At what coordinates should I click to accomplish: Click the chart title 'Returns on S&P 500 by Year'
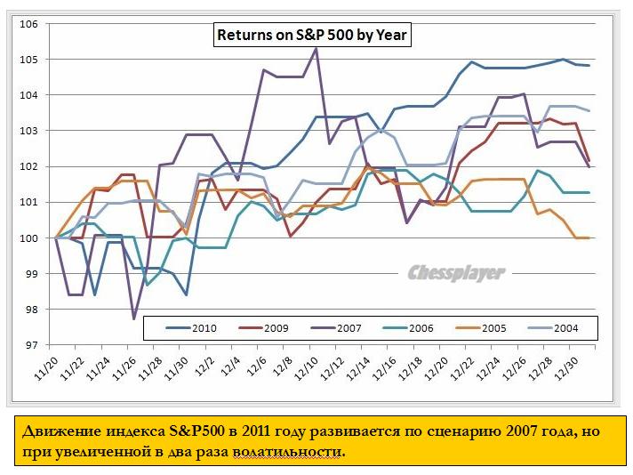point(309,36)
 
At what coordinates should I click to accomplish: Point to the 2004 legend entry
point(565,328)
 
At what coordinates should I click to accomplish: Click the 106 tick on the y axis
point(28,24)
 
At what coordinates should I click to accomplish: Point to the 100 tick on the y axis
point(28,238)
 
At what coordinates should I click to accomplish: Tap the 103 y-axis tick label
point(28,131)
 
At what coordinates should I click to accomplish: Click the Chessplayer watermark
point(456,273)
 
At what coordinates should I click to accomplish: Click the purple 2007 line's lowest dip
point(133,318)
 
